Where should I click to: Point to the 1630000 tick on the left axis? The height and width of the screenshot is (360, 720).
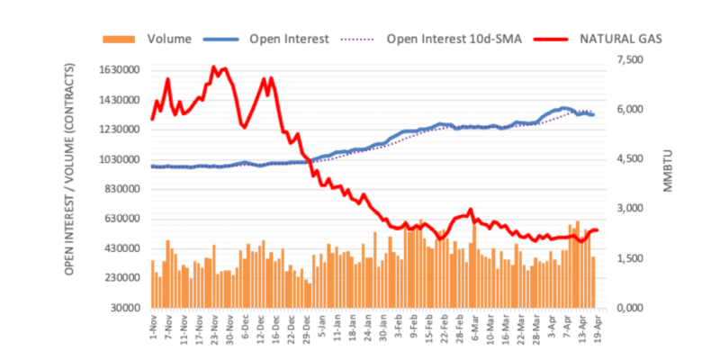[121, 70]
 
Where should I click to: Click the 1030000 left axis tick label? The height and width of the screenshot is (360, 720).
[121, 159]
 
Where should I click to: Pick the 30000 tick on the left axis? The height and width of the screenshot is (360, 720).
[127, 308]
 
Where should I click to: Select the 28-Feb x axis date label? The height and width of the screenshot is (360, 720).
[458, 328]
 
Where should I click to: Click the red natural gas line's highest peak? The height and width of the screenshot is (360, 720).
[213, 67]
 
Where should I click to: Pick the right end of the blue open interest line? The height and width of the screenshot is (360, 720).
[593, 114]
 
